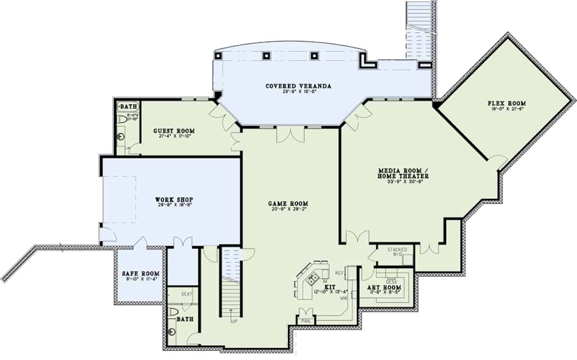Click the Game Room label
(x=288, y=203)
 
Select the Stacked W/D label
(x=397, y=252)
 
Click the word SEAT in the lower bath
(x=187, y=294)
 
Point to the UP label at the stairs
(x=234, y=321)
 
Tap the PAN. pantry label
(x=305, y=320)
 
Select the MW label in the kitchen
(x=344, y=298)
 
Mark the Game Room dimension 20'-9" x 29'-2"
(x=288, y=209)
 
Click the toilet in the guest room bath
(x=122, y=119)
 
